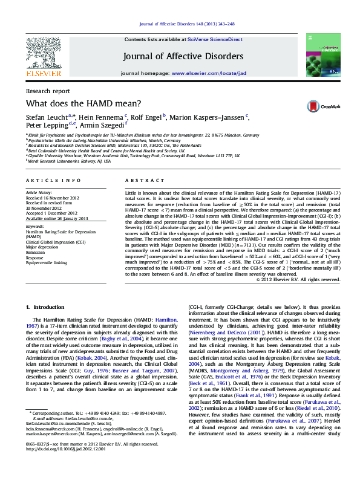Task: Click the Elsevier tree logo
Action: pos(43,53)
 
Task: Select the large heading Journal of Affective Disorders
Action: pos(183,57)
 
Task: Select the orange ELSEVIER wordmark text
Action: pos(43,73)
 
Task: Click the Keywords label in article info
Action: pos(35,227)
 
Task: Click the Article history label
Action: pos(39,192)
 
